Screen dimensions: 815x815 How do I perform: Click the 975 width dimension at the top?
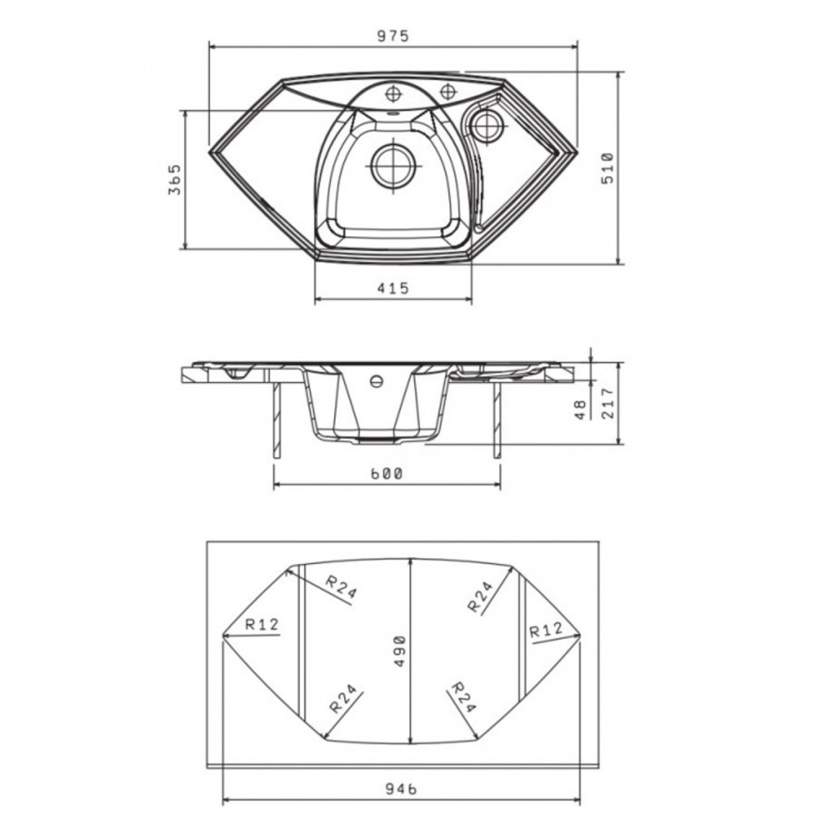click(x=394, y=36)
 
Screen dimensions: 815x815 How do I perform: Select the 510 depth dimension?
click(x=607, y=168)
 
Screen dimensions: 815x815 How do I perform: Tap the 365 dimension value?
click(x=174, y=179)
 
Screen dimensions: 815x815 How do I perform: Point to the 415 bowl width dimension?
click(x=393, y=288)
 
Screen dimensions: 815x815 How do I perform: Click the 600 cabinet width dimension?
click(x=386, y=474)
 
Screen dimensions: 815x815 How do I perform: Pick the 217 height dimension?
click(x=608, y=403)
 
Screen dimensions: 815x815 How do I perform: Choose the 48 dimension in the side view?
click(x=581, y=409)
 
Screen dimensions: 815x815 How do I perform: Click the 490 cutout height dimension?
click(x=399, y=650)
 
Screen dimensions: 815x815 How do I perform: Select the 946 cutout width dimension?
click(x=401, y=788)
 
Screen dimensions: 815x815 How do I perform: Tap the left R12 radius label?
click(x=262, y=624)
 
